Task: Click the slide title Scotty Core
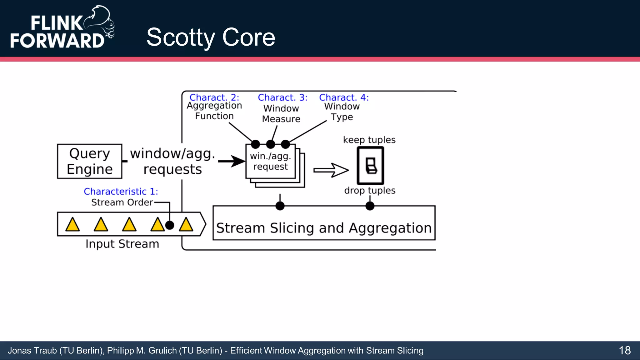(211, 37)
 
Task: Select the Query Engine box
(90, 161)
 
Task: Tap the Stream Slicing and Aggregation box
(324, 223)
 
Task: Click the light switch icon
(370, 166)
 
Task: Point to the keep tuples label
(369, 140)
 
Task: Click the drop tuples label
(370, 190)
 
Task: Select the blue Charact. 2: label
(214, 97)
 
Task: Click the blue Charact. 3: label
(282, 97)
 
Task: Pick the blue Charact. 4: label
(344, 97)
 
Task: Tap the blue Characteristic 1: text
(121, 191)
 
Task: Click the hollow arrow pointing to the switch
(331, 170)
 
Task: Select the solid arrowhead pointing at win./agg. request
(238, 161)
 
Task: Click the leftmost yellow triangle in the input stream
(72, 225)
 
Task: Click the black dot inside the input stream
(169, 225)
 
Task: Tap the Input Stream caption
(122, 244)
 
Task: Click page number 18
(624, 351)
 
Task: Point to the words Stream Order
(122, 202)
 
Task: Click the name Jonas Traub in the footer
(32, 351)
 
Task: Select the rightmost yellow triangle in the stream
(186, 225)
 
